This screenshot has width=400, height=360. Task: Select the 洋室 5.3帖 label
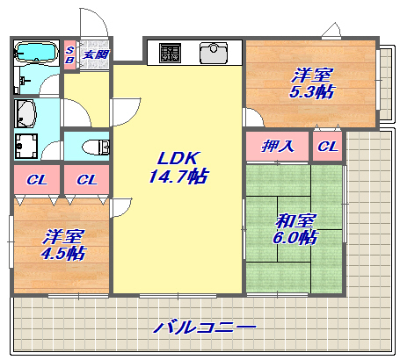[x=313, y=83]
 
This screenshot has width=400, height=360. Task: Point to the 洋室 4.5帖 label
[x=64, y=244]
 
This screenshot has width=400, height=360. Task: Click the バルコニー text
[x=205, y=328]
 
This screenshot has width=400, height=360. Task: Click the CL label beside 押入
[x=327, y=146]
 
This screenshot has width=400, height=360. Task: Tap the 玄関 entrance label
[x=95, y=54]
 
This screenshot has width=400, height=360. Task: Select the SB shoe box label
[x=70, y=54]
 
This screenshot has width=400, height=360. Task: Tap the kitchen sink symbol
[x=214, y=54]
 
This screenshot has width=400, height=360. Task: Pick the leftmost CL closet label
[x=36, y=180]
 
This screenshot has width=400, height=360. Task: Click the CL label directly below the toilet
[x=86, y=180]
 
